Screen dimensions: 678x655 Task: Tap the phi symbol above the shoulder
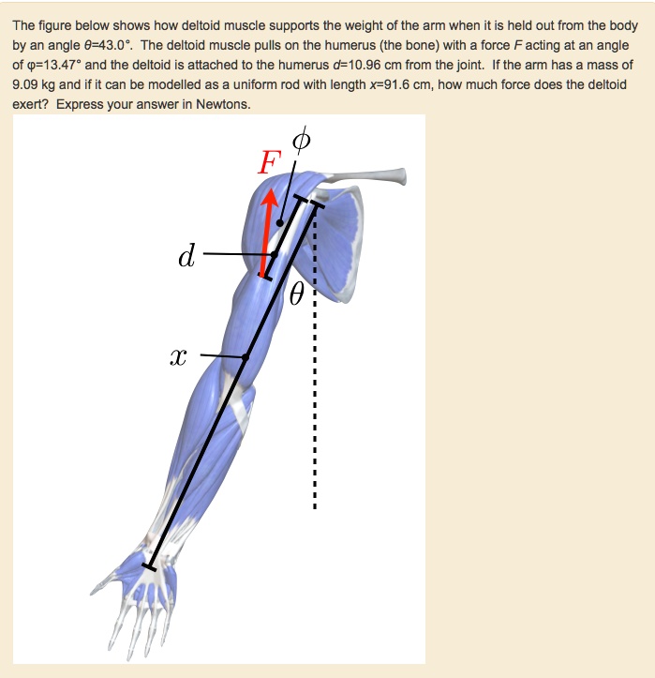click(300, 141)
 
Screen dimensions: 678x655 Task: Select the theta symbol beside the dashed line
click(296, 295)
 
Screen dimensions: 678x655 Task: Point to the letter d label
click(186, 255)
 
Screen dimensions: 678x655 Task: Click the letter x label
click(179, 357)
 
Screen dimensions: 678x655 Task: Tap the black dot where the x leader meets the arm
click(246, 356)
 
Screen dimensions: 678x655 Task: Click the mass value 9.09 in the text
click(25, 85)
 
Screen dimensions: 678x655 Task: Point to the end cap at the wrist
click(149, 565)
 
